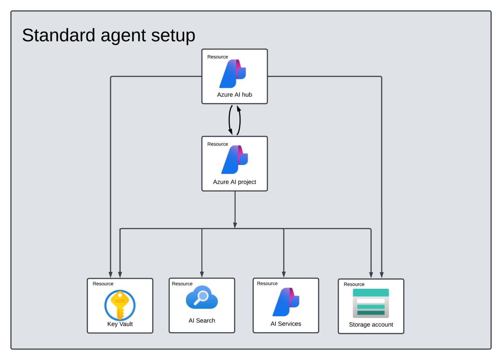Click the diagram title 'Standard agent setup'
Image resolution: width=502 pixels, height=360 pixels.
109,35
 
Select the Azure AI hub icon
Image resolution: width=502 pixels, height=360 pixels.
233,74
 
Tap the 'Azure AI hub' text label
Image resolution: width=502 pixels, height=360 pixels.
234,95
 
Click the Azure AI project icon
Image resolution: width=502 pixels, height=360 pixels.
235,160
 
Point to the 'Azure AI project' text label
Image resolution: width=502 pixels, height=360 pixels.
234,182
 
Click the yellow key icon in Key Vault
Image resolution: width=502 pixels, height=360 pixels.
120,305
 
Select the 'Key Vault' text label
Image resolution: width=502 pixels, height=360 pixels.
120,324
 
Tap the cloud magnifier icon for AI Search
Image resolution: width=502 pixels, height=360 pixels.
202,298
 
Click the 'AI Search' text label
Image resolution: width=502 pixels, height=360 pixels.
202,321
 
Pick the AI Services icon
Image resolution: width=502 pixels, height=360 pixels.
286,302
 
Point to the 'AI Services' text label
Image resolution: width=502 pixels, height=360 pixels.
286,324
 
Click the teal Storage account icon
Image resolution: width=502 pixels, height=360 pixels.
371,303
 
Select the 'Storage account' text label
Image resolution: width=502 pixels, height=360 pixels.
371,325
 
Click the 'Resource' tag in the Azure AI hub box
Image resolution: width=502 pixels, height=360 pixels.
217,57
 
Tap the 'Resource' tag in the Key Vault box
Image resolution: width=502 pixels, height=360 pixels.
103,284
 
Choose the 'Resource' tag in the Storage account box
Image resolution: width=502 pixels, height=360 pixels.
354,285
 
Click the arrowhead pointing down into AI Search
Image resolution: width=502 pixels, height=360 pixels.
202,274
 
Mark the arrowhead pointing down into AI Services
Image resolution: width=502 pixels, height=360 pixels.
284,274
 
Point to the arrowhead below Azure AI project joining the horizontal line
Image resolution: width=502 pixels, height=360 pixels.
235,225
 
